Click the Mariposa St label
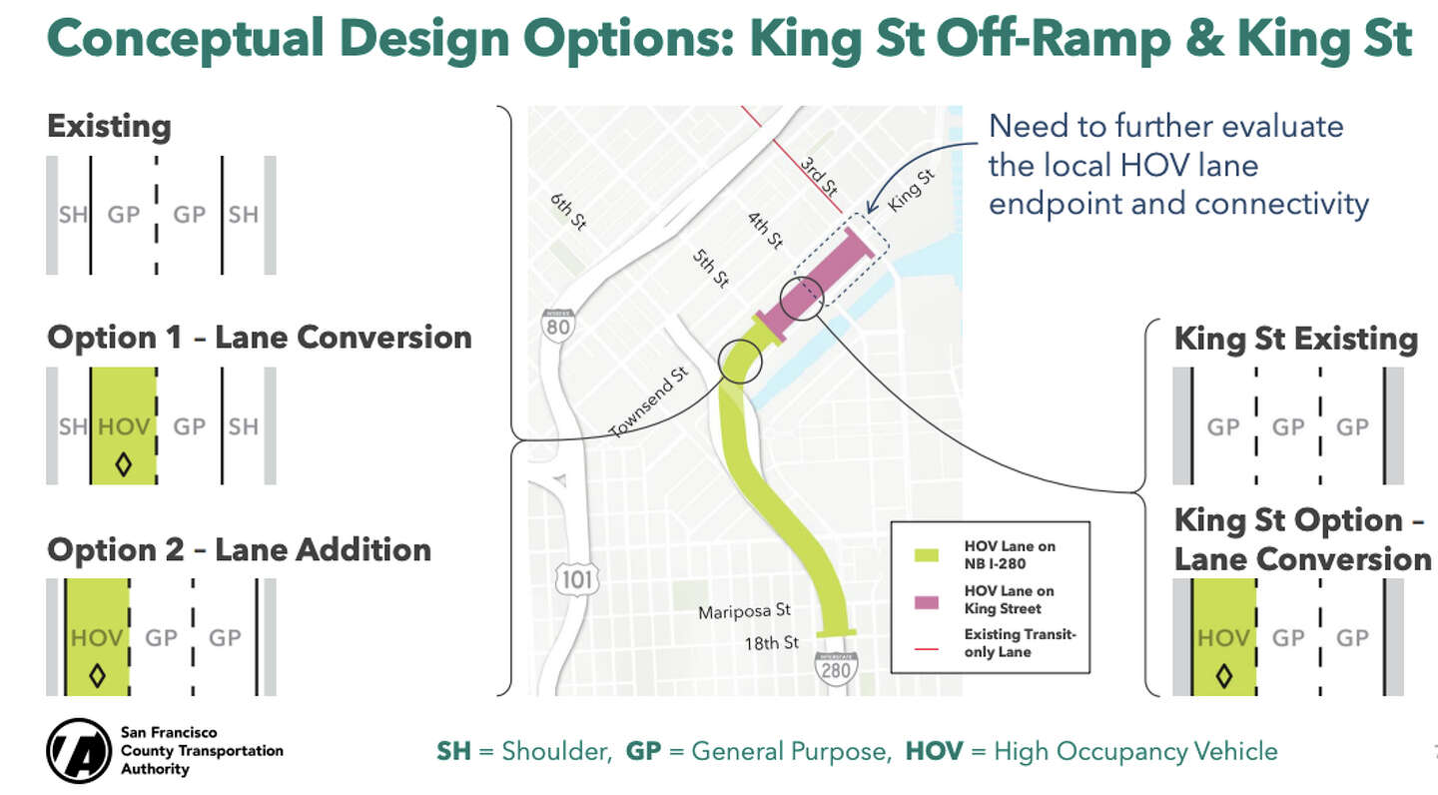tap(744, 610)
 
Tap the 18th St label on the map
tap(773, 643)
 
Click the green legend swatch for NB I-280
tap(926, 555)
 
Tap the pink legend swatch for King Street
tap(926, 600)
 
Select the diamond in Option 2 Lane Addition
tap(97, 675)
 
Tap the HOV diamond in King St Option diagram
tap(1223, 675)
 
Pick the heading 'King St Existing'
tap(1296, 339)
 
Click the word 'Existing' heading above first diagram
tap(109, 127)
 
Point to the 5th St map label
tap(710, 269)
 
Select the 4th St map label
tap(765, 231)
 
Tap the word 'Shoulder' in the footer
tap(555, 752)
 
